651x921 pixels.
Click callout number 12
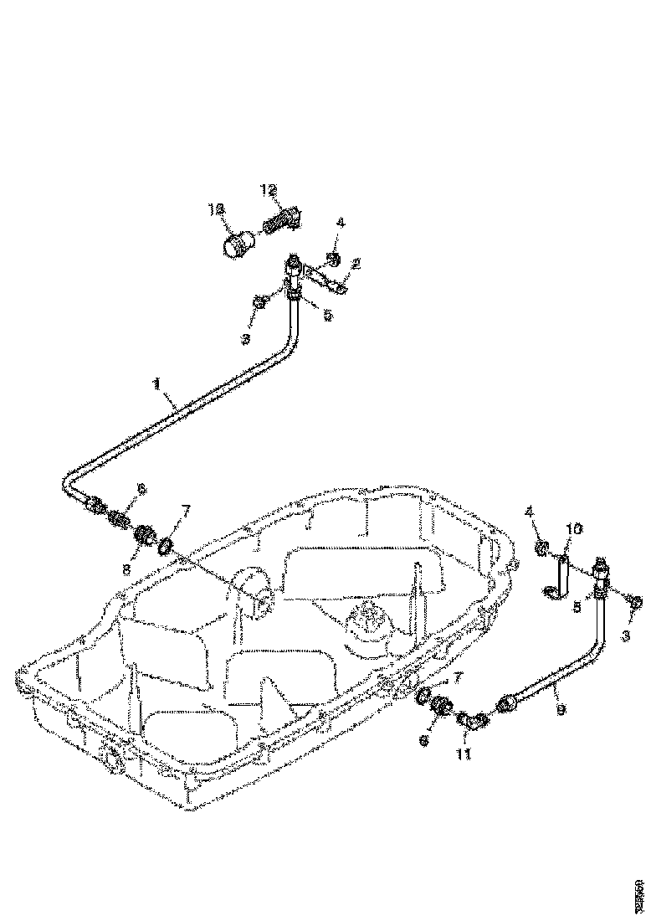point(268,191)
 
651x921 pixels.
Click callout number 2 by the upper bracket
point(356,265)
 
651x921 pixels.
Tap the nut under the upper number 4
point(332,259)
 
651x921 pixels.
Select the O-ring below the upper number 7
point(166,546)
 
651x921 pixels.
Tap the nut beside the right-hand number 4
point(541,550)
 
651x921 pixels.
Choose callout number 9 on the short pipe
point(560,710)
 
